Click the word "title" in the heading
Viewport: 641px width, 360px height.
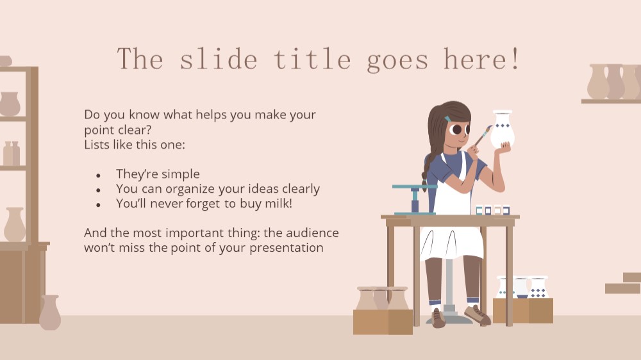312,59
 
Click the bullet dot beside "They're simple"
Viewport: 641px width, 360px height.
98,176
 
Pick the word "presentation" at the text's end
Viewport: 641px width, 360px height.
286,248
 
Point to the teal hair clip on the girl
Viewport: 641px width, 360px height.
449,119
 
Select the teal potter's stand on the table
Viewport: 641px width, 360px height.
413,199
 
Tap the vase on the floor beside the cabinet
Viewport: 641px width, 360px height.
50,313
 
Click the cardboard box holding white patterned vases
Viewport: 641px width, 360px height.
523,311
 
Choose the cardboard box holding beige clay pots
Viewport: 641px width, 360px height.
383,322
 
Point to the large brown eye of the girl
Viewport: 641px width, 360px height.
456,130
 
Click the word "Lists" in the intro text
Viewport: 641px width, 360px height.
94,144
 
